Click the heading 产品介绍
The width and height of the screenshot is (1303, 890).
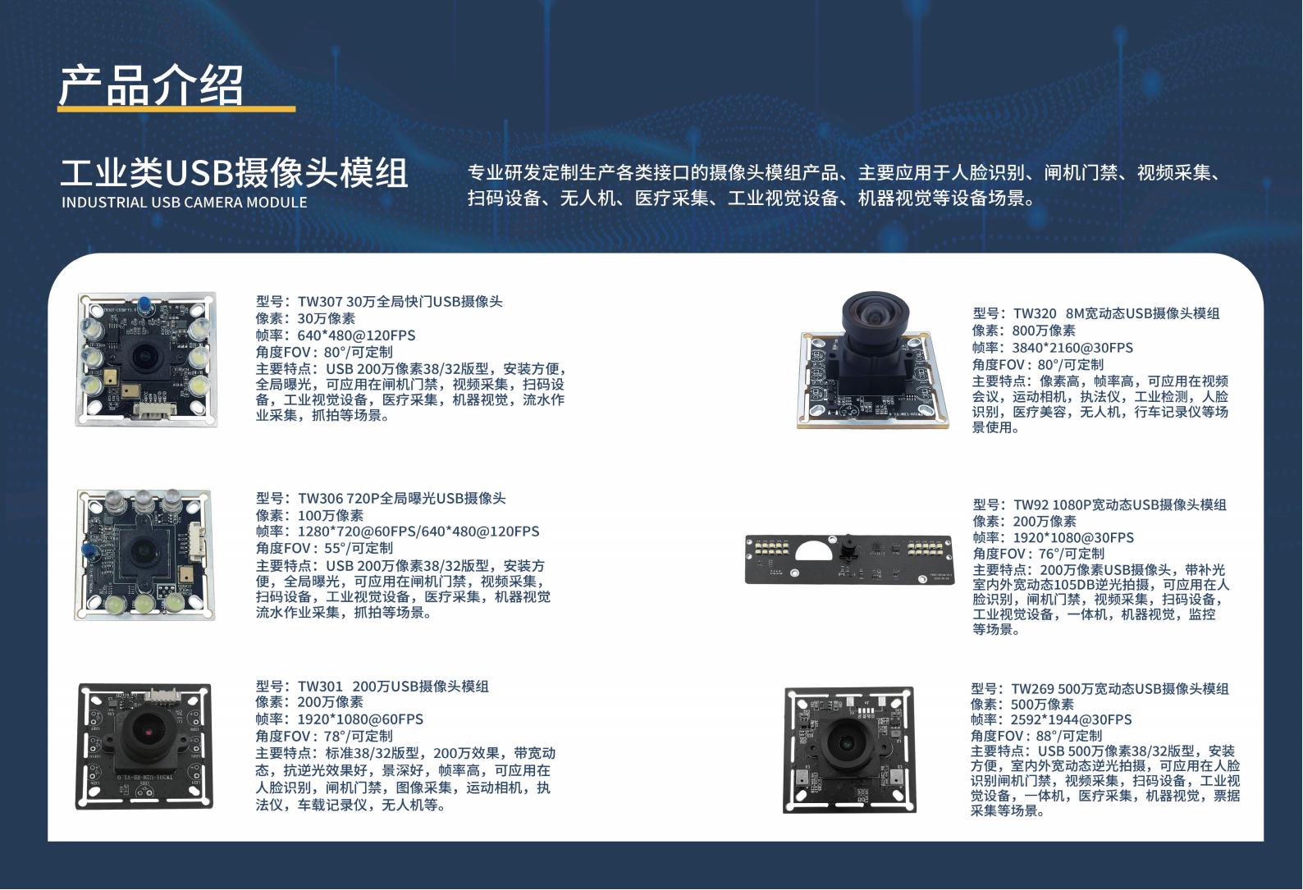(x=151, y=85)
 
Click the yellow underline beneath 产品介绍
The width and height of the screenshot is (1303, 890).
(x=176, y=109)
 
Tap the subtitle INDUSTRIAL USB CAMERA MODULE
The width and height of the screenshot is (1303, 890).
(x=185, y=203)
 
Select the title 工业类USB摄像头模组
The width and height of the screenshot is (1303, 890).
(x=234, y=173)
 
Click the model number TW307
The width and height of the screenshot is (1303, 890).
(x=319, y=301)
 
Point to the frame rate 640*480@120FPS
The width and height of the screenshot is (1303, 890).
(x=356, y=335)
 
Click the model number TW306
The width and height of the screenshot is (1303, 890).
(x=320, y=498)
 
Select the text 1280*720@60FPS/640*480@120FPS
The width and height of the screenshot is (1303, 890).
(x=418, y=531)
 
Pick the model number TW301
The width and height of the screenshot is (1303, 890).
(x=320, y=687)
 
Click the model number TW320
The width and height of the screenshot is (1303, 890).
(x=1035, y=313)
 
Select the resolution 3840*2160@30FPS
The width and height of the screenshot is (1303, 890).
(x=1072, y=347)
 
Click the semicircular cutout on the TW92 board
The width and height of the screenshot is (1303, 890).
(x=814, y=551)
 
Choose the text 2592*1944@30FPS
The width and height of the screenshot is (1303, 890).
(x=1071, y=719)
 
